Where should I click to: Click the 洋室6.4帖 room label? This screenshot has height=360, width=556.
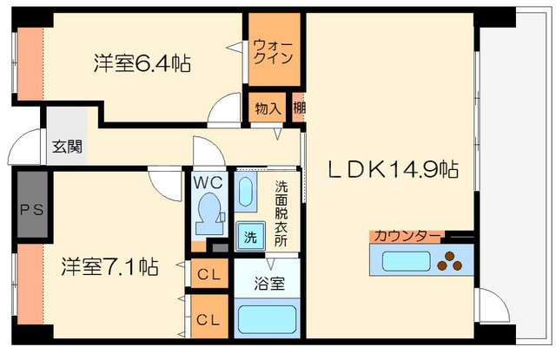coord(142,63)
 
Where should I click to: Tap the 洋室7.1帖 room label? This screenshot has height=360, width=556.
coord(109,267)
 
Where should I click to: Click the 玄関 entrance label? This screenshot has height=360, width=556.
coord(66,147)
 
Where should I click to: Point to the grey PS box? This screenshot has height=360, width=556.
coord(30,208)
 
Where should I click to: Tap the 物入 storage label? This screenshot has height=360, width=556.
coord(268,108)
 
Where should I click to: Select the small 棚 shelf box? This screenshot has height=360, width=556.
coord(299,108)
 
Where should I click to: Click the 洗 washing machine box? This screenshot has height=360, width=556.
coord(249,236)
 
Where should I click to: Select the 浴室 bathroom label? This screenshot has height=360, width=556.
coord(266,283)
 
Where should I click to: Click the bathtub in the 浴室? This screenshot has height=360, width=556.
coord(267,320)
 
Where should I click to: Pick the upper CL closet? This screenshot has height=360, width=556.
coord(208,275)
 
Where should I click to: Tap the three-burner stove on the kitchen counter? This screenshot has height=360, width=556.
coord(452,258)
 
